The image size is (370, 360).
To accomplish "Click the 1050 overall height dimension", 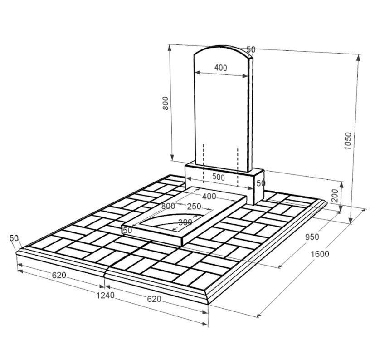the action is pyautogui.click(x=348, y=141).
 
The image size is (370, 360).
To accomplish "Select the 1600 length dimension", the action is pyautogui.click(x=320, y=254).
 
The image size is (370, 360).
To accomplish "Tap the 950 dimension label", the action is pyautogui.click(x=312, y=237).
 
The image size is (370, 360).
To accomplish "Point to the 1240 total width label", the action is pyautogui.click(x=105, y=295).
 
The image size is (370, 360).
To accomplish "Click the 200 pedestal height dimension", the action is pyautogui.click(x=335, y=195).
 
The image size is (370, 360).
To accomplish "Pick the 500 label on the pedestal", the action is pyautogui.click(x=219, y=177).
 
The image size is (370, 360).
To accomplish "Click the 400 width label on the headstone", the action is pyautogui.click(x=221, y=68).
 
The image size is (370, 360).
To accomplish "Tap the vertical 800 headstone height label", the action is pyautogui.click(x=166, y=103).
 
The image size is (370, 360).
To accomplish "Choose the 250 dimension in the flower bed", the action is pyautogui.click(x=194, y=206).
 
